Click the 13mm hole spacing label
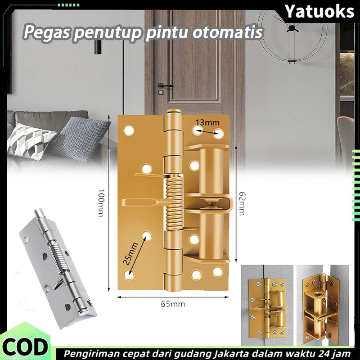pos(207,122)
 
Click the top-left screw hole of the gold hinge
pos(129,130)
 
